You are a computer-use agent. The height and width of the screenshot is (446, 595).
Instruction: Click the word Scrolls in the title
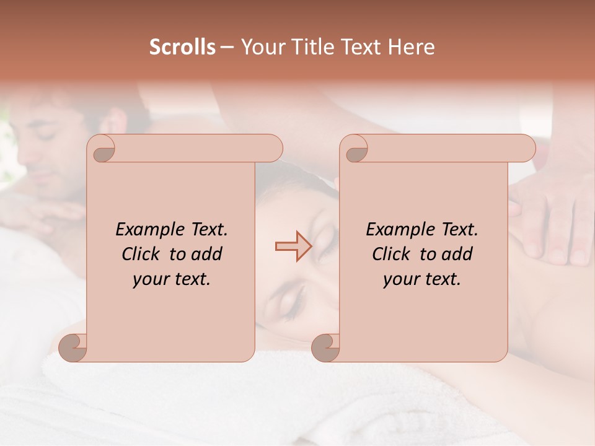point(182,47)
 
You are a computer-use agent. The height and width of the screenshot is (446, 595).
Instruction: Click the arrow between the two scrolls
point(293,247)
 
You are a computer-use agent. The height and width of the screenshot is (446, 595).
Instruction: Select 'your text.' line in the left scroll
point(172,279)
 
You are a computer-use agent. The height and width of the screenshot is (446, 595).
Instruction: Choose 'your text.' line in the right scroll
point(422,279)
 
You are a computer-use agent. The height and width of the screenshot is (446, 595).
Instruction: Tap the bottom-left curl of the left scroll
point(73,348)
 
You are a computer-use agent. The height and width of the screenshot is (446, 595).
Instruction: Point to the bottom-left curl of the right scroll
point(325,348)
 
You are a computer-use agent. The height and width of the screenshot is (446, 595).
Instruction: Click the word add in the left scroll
point(208,254)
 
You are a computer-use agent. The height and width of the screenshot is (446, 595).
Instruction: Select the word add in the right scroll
point(458,254)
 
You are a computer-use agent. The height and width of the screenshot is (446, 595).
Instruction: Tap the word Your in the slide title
point(260,47)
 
